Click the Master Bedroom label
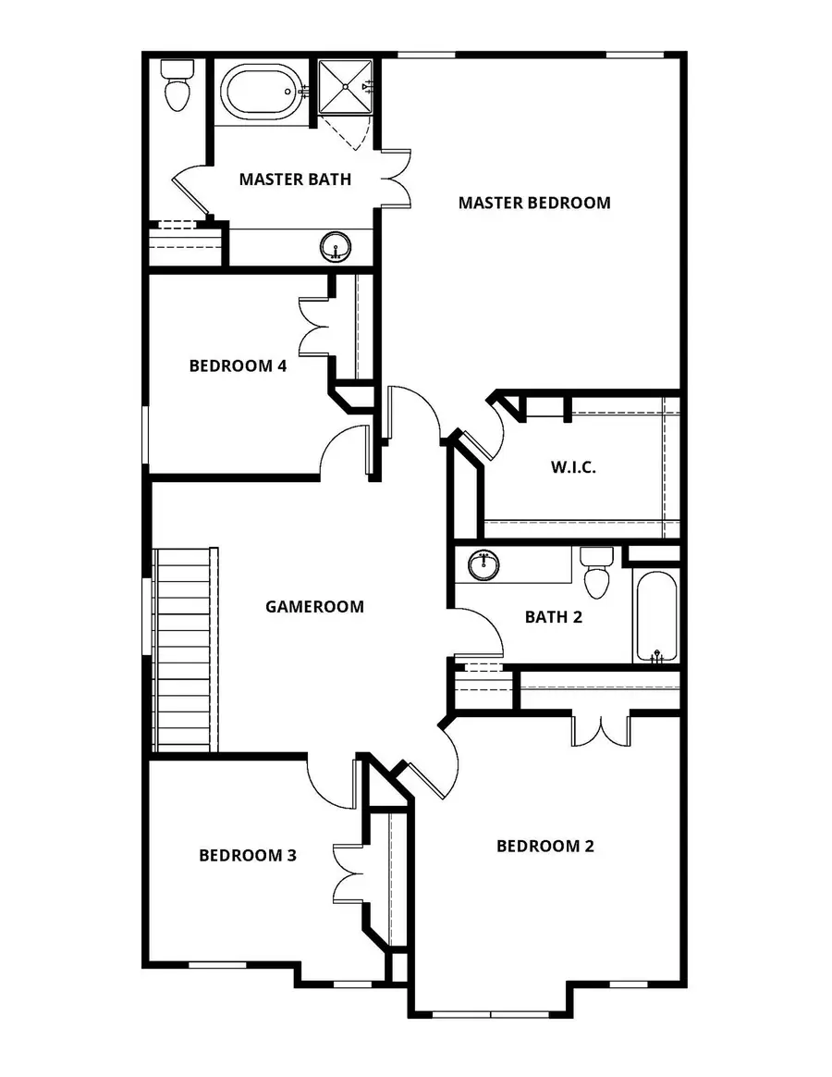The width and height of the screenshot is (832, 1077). (534, 203)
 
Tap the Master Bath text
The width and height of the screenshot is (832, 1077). (295, 179)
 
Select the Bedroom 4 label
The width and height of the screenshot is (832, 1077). (238, 365)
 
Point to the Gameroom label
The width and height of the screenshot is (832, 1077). (314, 607)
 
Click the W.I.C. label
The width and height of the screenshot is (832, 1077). (573, 467)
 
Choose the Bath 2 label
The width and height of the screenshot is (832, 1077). (553, 617)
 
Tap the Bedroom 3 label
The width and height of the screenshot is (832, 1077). (248, 855)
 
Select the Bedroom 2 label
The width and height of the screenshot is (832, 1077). (544, 846)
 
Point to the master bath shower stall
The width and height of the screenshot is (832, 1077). (346, 87)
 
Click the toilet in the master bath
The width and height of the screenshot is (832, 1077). (175, 85)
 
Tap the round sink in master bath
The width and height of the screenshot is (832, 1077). (336, 247)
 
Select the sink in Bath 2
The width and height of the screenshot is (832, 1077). (483, 564)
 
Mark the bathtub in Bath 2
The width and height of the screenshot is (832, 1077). (655, 617)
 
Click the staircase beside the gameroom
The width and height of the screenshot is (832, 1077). (185, 650)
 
